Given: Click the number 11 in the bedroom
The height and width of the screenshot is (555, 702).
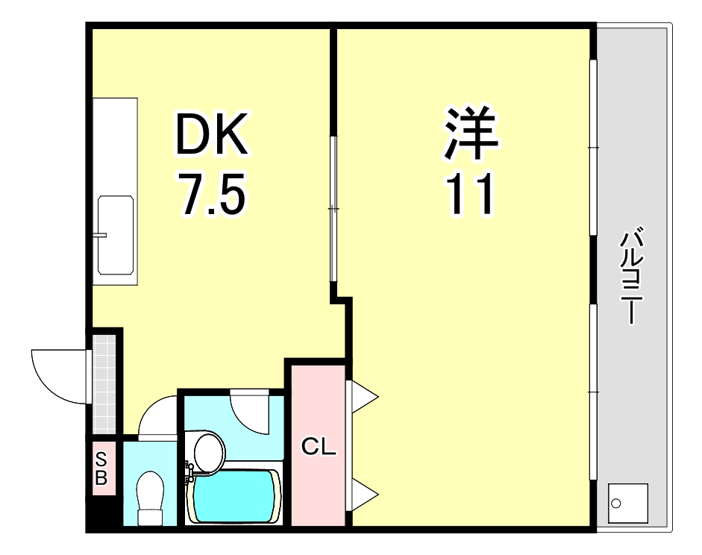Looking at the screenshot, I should coord(470,193).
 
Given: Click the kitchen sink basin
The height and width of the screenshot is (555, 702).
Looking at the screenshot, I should coord(116,236).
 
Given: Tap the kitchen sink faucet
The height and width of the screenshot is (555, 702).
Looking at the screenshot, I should coord(101,236).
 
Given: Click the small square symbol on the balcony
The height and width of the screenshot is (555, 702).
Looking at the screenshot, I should coord(627,503).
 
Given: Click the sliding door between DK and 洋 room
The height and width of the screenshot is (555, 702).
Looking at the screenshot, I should coord(333,209).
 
